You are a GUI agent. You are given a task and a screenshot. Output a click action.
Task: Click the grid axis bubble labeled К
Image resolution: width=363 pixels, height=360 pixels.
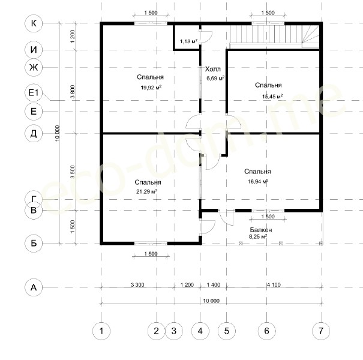pyautogui.click(x=34, y=23)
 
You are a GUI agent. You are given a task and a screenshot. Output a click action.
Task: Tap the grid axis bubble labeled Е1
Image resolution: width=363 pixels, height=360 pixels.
pyautogui.click(x=34, y=92)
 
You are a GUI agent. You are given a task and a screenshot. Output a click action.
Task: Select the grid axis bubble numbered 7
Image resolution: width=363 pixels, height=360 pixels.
pyautogui.click(x=321, y=331)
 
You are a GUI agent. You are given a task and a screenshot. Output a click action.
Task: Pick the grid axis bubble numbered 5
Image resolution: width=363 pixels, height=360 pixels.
pyautogui.click(x=226, y=331)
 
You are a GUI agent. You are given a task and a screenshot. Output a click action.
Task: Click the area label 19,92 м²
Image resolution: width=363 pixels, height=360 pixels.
pyautogui.click(x=151, y=88)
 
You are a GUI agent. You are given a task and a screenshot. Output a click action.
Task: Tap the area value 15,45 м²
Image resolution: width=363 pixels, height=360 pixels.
pyautogui.click(x=272, y=97)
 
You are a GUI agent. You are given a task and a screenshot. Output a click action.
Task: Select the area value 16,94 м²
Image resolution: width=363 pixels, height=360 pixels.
pyautogui.click(x=258, y=181)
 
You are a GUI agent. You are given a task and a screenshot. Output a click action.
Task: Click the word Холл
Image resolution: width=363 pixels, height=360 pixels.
pyautogui.click(x=213, y=69)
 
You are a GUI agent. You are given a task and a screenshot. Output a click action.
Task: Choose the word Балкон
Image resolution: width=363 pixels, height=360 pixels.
pyautogui.click(x=260, y=230)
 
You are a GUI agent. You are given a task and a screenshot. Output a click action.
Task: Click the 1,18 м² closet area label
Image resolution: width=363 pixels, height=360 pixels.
pyautogui.click(x=188, y=41)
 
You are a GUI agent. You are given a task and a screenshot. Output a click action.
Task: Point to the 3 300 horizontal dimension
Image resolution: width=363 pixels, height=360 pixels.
pyautogui.click(x=137, y=284)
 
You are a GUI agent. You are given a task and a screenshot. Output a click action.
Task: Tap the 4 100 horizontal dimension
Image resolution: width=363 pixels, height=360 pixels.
pyautogui.click(x=274, y=284)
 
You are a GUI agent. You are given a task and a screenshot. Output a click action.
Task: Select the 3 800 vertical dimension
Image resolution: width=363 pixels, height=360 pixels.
pyautogui.click(x=73, y=92)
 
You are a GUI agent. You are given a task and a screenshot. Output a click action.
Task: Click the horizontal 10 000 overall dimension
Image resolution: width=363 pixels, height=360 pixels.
pyautogui.click(x=211, y=301)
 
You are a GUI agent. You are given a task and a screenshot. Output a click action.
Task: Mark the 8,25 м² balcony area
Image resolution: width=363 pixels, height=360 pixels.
pyautogui.click(x=258, y=236)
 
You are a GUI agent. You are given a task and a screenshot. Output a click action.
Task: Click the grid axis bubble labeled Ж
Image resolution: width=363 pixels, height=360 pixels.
pyautogui.click(x=34, y=67)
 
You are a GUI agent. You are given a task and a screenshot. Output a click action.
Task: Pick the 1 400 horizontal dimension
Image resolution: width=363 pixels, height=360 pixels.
pyautogui.click(x=213, y=284)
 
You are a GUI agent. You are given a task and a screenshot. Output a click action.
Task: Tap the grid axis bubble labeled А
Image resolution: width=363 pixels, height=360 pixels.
pyautogui.click(x=34, y=287)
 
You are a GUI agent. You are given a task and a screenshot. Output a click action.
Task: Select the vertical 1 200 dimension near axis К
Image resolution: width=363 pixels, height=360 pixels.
pyautogui.click(x=73, y=37)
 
